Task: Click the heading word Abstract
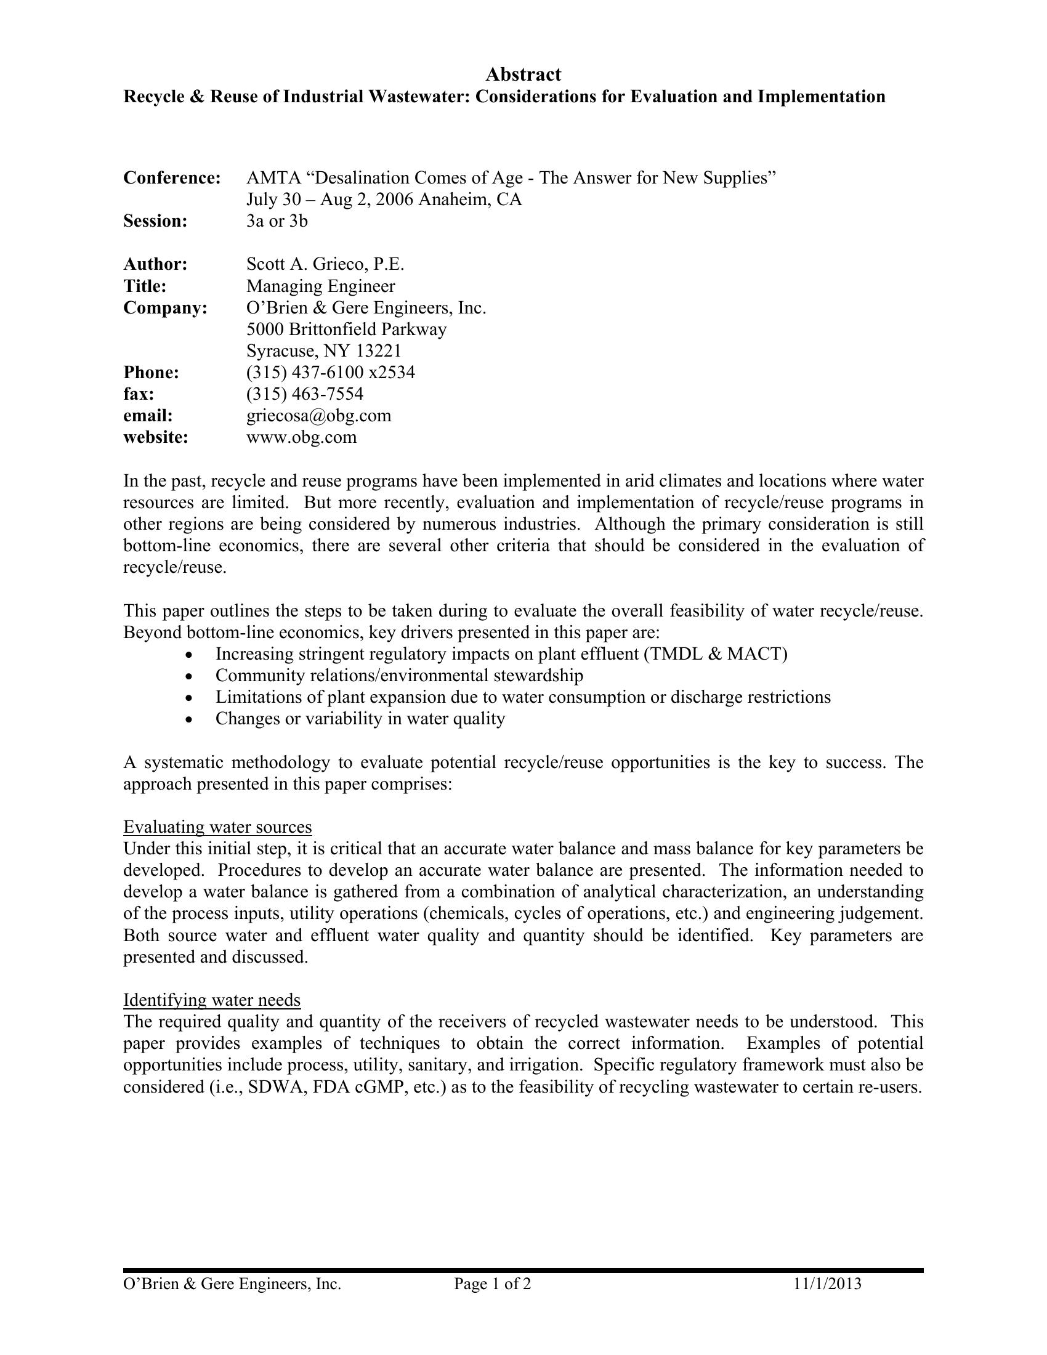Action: (523, 75)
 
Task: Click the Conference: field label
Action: (172, 178)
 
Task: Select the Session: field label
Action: (155, 222)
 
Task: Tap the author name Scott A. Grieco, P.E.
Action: (325, 264)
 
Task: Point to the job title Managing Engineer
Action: (320, 286)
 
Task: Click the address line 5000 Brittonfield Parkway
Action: (346, 330)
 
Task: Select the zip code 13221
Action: (379, 351)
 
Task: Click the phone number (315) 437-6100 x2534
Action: (331, 372)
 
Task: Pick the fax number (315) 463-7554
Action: (304, 394)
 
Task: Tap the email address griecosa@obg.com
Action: (319, 416)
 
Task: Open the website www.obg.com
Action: (301, 437)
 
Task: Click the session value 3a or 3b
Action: (277, 222)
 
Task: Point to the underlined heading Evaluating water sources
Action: (217, 827)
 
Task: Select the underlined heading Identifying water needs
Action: (211, 1000)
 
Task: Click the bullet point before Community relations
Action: (189, 676)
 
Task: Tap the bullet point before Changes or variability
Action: (189, 719)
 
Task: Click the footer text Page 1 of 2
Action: (492, 1284)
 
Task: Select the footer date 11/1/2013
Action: (827, 1284)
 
